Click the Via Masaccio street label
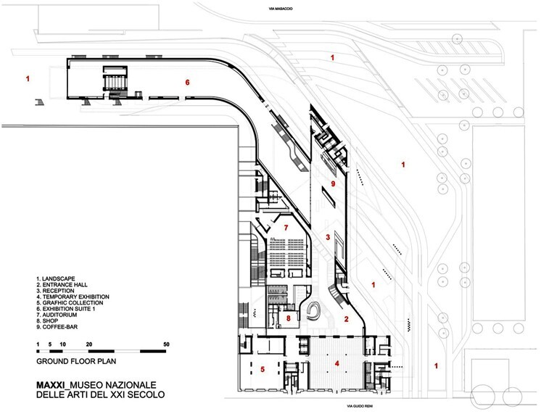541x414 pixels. tap(281, 9)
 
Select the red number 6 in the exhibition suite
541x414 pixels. tap(187, 83)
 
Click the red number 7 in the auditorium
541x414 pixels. tap(286, 228)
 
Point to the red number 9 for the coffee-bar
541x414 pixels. tap(333, 183)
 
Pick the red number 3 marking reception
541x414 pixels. tap(328, 237)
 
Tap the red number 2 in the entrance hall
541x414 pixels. tap(347, 319)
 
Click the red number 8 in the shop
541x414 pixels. tap(289, 318)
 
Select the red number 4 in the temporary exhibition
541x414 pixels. tap(336, 364)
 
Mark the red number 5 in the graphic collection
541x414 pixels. tap(263, 370)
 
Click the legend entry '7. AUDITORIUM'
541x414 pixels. tap(57, 315)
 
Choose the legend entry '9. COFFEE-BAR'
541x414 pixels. tap(57, 327)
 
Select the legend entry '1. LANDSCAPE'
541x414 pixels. tap(56, 278)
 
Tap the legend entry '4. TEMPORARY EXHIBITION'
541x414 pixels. tap(73, 297)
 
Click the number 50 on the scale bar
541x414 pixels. tap(166, 344)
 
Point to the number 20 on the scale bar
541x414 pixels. tap(89, 344)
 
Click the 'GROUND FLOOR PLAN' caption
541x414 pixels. tap(76, 362)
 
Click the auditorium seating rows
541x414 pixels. tap(286, 252)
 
